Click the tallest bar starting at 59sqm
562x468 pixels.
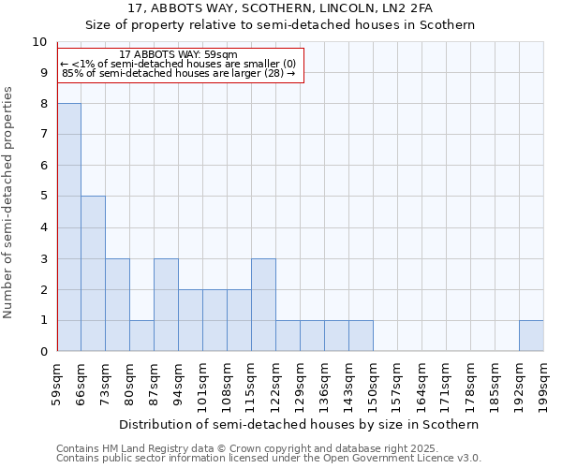69,227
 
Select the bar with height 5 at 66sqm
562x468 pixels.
93,273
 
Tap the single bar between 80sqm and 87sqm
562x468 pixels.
141,335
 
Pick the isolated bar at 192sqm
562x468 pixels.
531,335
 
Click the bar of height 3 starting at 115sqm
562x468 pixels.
263,304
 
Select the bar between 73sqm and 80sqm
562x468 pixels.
117,304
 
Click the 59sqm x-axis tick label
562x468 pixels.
57,384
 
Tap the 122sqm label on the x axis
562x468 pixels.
276,384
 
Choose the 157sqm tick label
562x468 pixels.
398,384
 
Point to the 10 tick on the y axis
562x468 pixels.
39,42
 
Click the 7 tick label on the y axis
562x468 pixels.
43,135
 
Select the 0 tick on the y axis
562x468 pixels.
43,351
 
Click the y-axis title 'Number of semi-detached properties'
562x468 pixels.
9,201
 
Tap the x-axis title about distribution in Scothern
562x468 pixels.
300,424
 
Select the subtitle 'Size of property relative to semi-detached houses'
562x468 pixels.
281,25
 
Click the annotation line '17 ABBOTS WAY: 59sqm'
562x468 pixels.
179,55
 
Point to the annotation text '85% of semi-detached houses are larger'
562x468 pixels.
179,73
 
